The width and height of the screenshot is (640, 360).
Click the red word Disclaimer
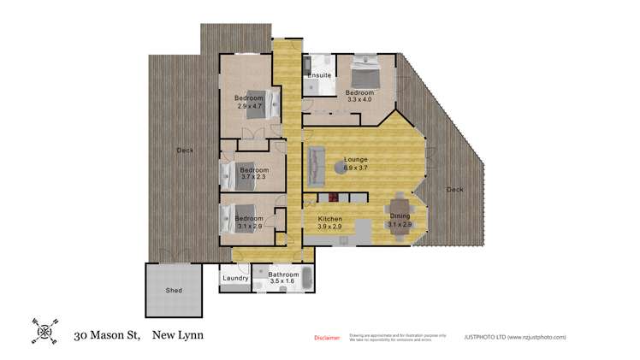(x=327, y=338)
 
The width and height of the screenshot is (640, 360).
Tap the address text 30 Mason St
(x=107, y=336)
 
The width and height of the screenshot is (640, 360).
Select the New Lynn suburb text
(x=178, y=336)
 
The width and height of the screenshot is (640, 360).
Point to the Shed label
(x=174, y=291)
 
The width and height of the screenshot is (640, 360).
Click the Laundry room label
(x=234, y=278)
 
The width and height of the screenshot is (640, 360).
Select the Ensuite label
(x=318, y=75)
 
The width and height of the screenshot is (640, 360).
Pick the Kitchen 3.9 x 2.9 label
(x=329, y=222)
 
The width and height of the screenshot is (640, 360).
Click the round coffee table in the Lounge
(x=339, y=174)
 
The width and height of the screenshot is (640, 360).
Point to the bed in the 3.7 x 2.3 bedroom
(x=238, y=175)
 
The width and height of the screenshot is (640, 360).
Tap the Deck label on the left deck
(x=185, y=150)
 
